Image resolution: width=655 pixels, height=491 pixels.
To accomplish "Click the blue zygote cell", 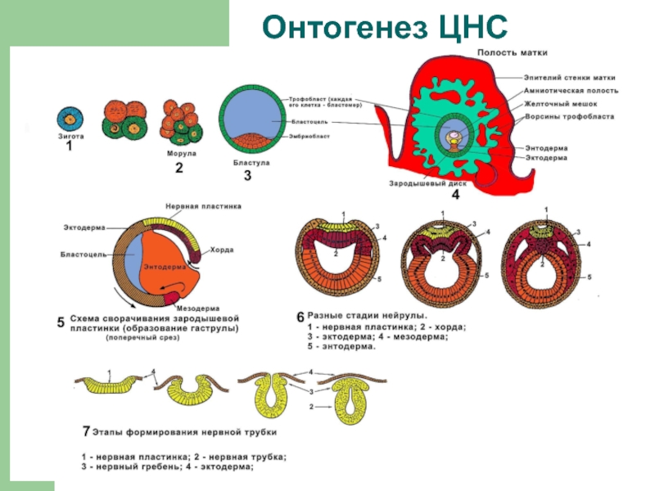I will pos(70,118).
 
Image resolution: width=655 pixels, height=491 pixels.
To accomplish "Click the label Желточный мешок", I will pos(561,104).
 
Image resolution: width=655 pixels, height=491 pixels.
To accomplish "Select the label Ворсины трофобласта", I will pos(570,116).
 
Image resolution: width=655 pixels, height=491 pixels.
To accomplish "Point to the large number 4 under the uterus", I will pos(455,195).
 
